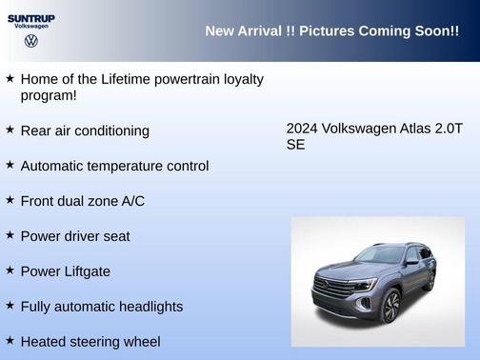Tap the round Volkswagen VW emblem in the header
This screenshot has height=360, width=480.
[x=30, y=42]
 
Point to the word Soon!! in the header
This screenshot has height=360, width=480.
[x=434, y=31]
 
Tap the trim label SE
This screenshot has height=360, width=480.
[x=295, y=146]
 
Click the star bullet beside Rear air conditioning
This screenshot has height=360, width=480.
[x=10, y=130]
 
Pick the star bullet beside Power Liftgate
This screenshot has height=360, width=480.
[x=10, y=270]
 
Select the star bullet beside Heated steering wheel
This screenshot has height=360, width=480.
[x=10, y=340]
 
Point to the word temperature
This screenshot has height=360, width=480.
[x=128, y=166]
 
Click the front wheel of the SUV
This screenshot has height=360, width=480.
[x=390, y=306]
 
